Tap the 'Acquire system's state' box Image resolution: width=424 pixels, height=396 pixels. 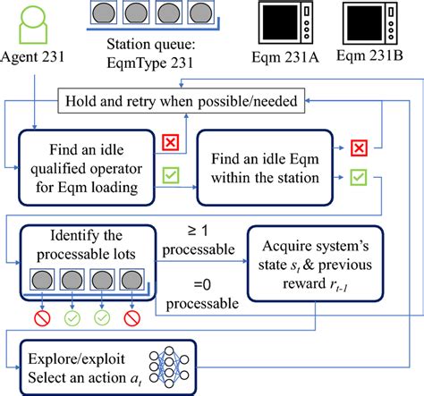coord(309,266)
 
